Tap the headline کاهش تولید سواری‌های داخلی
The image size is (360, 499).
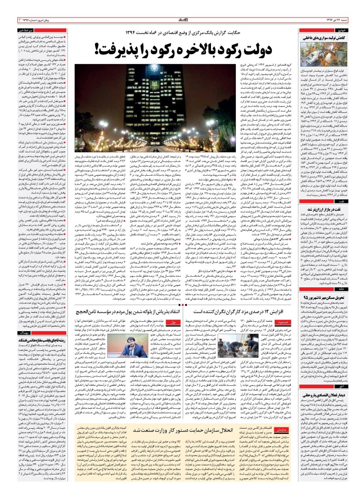(329, 38)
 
